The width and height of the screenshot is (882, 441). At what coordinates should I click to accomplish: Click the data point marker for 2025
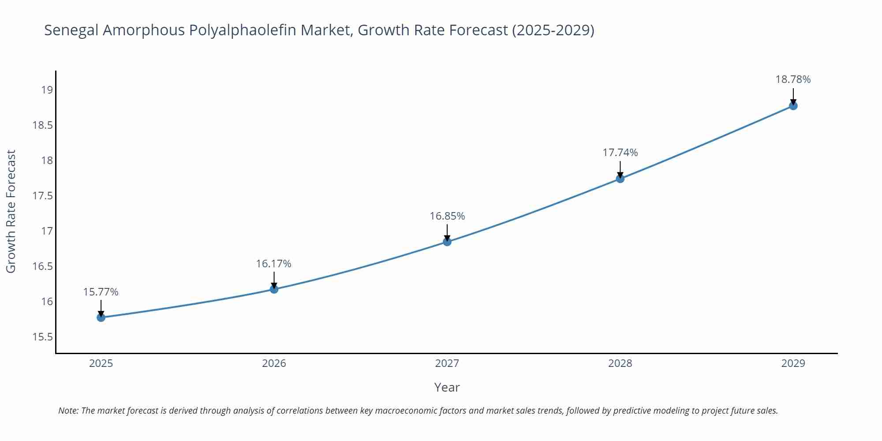coord(101,317)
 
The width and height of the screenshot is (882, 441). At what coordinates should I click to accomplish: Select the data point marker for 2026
coord(274,289)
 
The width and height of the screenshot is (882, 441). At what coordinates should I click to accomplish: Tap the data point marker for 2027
coord(447,242)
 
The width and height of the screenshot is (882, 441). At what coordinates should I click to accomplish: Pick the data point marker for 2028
coord(620,179)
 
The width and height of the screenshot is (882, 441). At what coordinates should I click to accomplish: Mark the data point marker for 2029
coord(793,106)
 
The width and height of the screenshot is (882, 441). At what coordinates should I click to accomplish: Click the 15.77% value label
coord(101,292)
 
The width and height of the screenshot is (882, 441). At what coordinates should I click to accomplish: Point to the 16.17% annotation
coord(274,264)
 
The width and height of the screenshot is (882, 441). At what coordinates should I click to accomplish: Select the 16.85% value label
coord(447,216)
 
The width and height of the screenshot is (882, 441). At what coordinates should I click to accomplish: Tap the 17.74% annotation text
coord(620,153)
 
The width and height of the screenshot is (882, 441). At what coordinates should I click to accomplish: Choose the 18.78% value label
coord(793,79)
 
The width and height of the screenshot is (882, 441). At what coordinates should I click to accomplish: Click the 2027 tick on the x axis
coord(447,363)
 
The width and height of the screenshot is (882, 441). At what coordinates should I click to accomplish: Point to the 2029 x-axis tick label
coord(793,363)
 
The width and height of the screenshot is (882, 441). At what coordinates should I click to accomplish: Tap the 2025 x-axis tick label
coord(101,363)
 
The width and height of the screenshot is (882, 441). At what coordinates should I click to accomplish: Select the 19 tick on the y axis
coord(47,90)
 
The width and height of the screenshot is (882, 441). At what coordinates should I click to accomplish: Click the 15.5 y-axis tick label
coord(42,337)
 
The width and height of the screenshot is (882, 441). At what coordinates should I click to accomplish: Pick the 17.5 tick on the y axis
coord(42,196)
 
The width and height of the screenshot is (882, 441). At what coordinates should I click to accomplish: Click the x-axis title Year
coord(447,387)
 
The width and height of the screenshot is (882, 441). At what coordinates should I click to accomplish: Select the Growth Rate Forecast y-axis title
coord(11,211)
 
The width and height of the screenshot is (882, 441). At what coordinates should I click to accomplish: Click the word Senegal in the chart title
coord(71,30)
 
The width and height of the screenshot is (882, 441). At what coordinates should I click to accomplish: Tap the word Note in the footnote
coord(68,411)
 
